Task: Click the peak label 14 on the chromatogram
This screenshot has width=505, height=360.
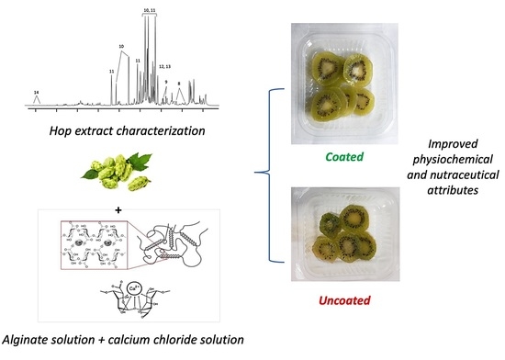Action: point(35,93)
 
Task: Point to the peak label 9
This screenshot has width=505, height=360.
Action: point(165,82)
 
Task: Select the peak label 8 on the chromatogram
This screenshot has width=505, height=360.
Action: point(178,84)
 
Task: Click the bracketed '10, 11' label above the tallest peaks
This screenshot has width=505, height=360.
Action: point(150,8)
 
